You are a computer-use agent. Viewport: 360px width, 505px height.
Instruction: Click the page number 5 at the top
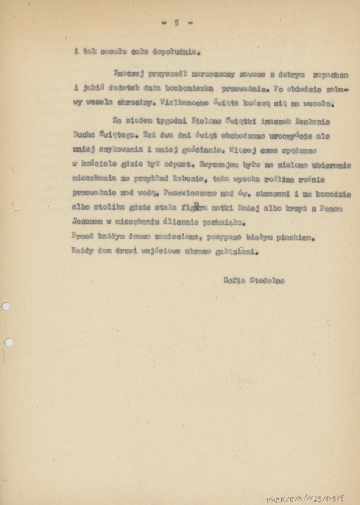177,23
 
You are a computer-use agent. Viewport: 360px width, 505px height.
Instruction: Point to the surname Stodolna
269,281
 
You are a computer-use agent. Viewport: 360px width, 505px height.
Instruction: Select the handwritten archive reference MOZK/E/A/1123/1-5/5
305,499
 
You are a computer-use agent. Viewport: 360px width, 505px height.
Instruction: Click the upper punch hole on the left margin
6,306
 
